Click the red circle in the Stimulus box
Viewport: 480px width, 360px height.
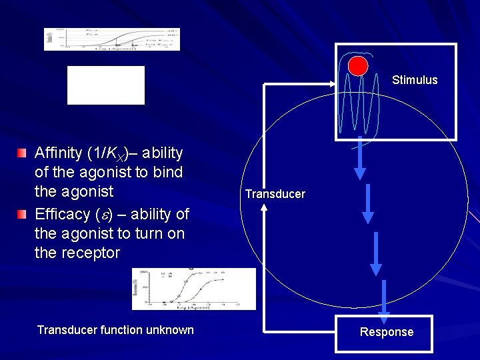pos(358,65)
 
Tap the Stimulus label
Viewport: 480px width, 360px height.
pos(415,80)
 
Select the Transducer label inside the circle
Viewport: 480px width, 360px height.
pos(275,194)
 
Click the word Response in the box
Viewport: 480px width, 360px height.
pos(387,332)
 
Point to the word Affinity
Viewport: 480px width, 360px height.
pos(59,153)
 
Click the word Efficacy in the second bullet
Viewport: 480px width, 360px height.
pos(62,214)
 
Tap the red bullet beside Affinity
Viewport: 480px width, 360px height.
pos(23,154)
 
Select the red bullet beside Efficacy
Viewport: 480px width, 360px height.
pos(23,214)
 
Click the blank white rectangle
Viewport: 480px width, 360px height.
pos(106,85)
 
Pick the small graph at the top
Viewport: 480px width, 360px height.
pos(112,39)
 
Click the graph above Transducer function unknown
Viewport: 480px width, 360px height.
pos(193,289)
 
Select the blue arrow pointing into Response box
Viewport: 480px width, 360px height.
pos(385,298)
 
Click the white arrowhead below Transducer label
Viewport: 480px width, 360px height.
pos(264,207)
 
